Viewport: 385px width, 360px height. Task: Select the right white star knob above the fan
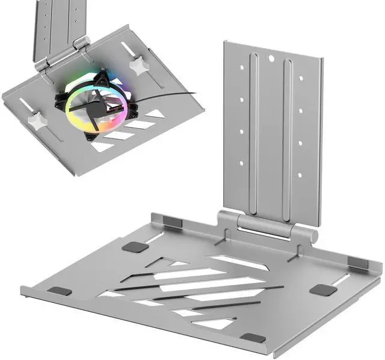tap(140, 65)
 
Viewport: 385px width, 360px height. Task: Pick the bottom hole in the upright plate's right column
tap(298, 175)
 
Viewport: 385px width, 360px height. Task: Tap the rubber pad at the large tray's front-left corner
tap(60, 291)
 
